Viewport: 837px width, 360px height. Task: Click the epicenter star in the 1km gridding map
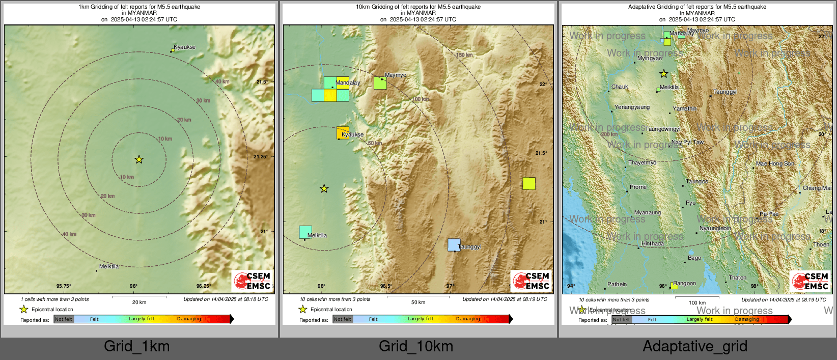tap(139, 159)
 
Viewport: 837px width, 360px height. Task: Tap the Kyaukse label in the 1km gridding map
tap(184, 47)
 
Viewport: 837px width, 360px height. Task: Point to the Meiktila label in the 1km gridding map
tap(109, 266)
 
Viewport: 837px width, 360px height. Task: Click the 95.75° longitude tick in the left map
tap(64, 286)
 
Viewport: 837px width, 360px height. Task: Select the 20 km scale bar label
tap(139, 302)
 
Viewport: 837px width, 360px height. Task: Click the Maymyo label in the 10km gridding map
tap(396, 75)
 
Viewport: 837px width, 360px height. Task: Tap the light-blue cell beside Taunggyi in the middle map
tap(454, 245)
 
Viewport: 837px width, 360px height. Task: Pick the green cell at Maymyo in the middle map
tap(380, 83)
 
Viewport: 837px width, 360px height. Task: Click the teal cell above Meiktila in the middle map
tap(305, 232)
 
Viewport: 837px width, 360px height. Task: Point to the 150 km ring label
tap(464, 55)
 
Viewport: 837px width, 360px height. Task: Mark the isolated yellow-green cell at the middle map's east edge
tap(529, 183)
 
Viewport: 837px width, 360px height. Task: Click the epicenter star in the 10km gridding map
tap(324, 189)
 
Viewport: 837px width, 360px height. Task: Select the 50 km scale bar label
tap(418, 302)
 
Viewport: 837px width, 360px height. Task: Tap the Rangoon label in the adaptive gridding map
tap(684, 284)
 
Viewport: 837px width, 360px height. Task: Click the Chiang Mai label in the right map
tap(817, 188)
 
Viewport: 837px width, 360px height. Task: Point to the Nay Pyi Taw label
tap(687, 143)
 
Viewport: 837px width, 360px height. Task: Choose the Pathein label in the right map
tap(617, 284)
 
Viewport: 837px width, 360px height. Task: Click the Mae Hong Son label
tap(775, 164)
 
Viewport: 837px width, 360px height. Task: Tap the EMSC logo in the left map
tap(253, 281)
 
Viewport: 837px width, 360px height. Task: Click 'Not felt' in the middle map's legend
tap(343, 319)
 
